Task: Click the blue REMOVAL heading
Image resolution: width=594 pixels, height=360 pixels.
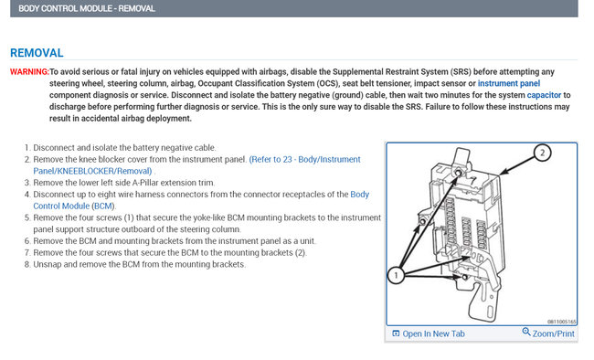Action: [37, 53]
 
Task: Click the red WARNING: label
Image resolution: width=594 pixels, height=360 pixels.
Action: [28, 71]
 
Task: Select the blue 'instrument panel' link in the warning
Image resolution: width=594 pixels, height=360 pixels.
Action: [509, 83]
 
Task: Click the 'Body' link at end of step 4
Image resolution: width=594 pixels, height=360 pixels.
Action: [360, 195]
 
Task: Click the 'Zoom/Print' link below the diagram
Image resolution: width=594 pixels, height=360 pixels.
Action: [553, 334]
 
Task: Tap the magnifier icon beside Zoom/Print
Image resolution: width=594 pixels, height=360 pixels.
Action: [526, 333]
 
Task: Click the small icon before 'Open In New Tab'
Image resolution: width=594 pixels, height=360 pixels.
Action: [396, 334]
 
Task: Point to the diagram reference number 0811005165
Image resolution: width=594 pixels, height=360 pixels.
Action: [559, 321]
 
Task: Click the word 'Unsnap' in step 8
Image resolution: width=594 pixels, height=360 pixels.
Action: [51, 265]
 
